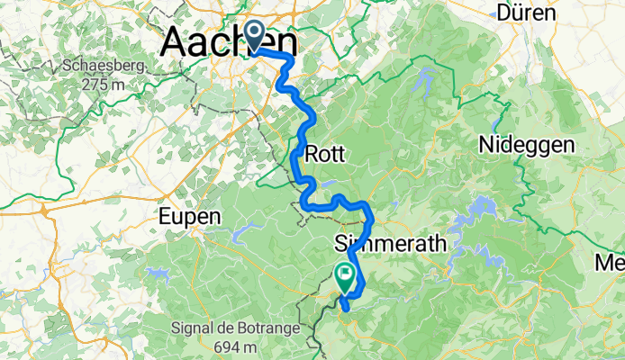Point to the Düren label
point(528,13)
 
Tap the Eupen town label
point(188,216)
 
